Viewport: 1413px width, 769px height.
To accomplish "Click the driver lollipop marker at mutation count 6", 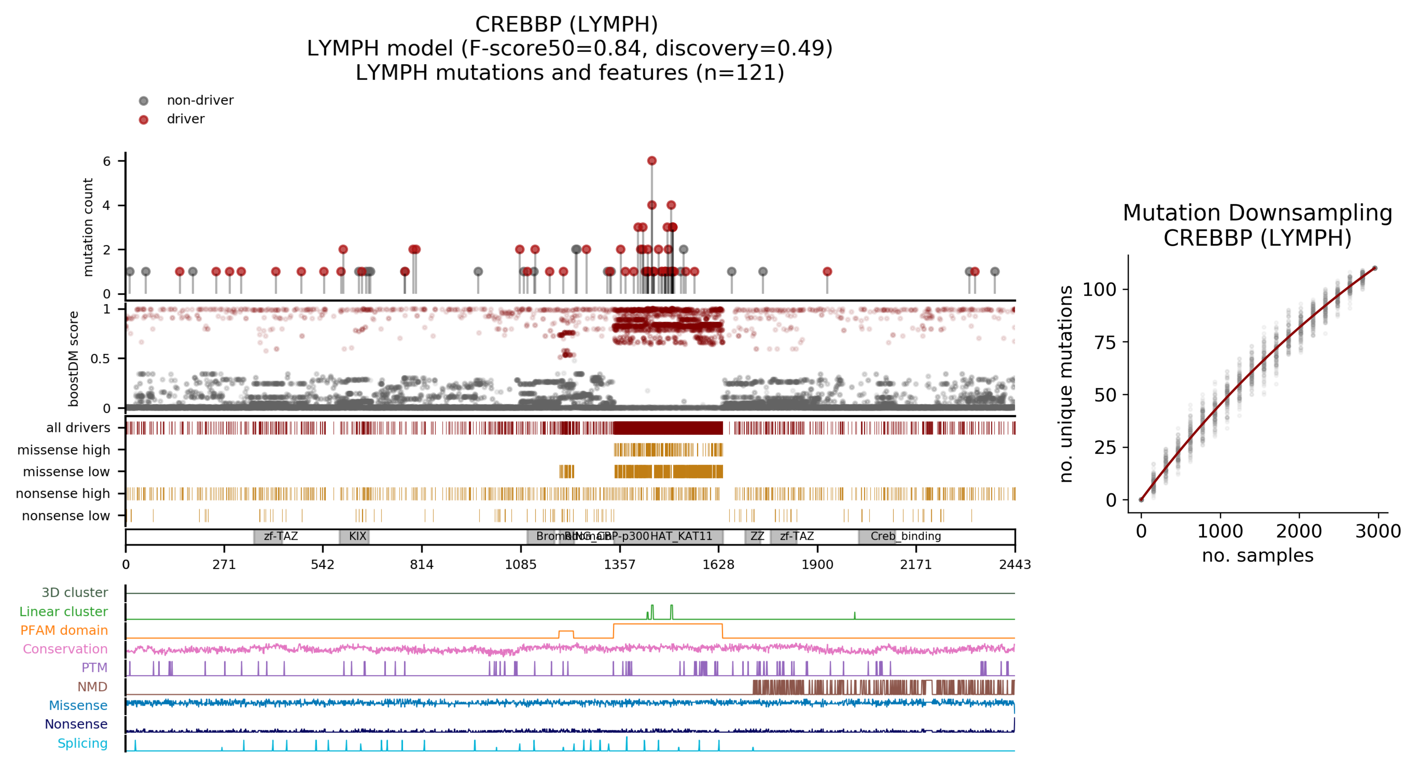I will [x=652, y=161].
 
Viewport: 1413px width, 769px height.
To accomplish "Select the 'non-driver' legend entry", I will [x=200, y=100].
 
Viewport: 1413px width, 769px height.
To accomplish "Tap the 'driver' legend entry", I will [x=185, y=119].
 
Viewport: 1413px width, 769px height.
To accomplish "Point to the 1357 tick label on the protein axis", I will [x=620, y=565].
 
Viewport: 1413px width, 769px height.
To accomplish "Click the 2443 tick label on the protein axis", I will [x=1015, y=565].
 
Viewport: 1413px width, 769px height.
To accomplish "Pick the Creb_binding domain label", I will [x=906, y=536].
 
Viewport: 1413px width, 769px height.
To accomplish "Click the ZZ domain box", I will [x=757, y=536].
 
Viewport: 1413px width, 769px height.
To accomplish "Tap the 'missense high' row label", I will [x=64, y=450].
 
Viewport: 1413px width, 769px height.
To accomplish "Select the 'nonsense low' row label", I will [x=66, y=516].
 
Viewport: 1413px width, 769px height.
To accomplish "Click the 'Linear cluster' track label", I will [x=64, y=612].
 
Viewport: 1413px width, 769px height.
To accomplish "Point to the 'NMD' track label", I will [x=92, y=687].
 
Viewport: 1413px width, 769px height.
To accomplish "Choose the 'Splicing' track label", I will [x=82, y=743].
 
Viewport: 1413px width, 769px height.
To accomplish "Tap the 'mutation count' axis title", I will [x=88, y=227].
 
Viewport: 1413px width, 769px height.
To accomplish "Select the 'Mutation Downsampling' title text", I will [x=1257, y=213].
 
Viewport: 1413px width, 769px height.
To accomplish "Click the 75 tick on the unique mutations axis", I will [x=1105, y=342].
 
